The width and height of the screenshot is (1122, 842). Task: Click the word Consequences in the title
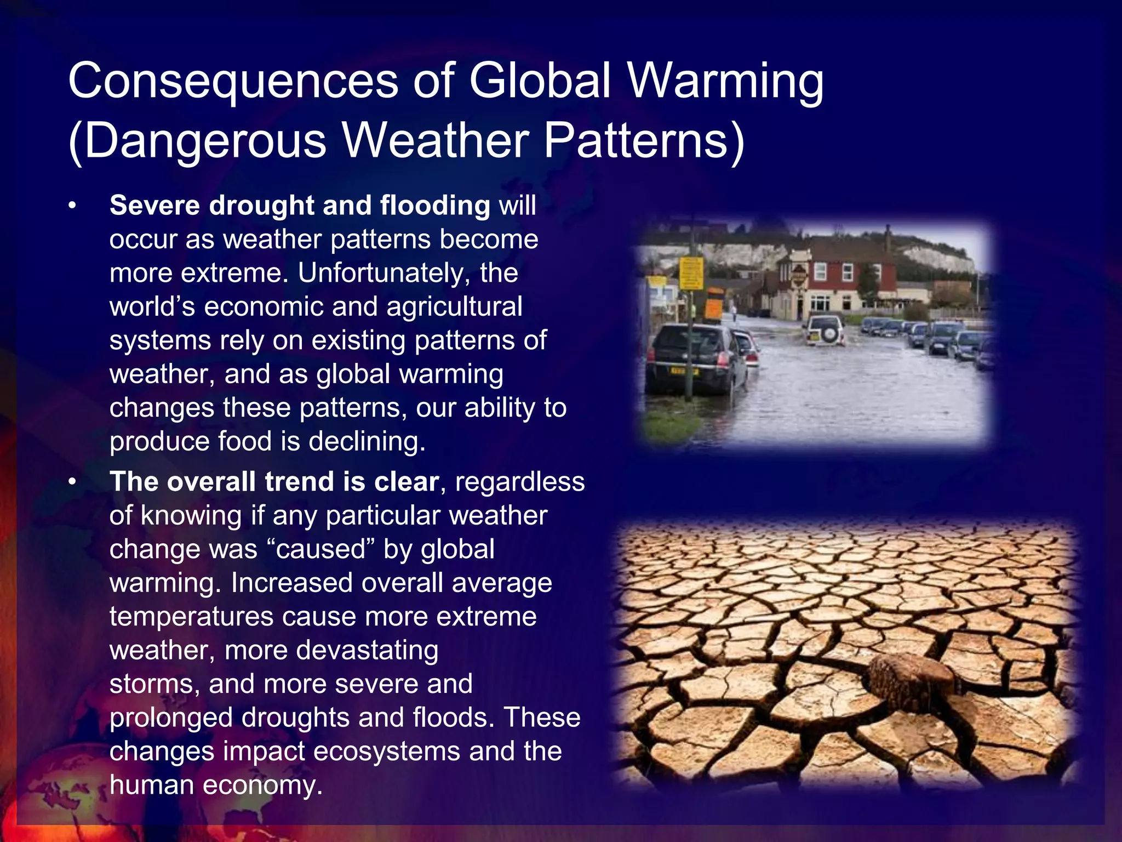click(233, 81)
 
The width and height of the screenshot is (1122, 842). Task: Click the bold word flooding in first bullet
click(434, 206)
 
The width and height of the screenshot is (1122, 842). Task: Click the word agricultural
click(454, 307)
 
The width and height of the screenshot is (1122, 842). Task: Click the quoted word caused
click(321, 549)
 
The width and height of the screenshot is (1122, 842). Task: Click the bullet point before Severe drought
click(71, 206)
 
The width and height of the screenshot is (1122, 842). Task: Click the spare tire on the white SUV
click(830, 332)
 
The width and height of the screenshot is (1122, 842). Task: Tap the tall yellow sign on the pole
click(691, 273)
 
